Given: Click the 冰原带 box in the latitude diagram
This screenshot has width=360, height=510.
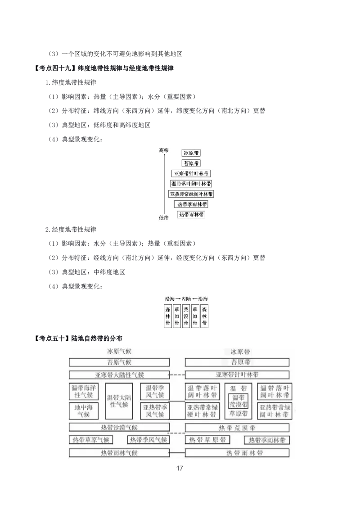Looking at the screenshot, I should pos(191,153).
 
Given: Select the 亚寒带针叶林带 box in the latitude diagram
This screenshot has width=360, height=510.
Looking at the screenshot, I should pos(191,173).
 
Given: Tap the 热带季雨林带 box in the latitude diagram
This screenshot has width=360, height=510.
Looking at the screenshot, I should pos(191,204).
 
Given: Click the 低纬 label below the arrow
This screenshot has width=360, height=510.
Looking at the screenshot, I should pos(163,218).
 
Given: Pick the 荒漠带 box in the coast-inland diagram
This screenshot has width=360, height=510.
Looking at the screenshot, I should pos(186,316).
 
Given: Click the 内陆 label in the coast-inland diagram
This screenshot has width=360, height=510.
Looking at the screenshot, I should pos(186,299).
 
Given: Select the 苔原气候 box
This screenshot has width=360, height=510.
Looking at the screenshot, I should pos(119,362).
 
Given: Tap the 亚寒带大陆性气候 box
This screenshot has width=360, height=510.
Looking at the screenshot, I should pos(119,375).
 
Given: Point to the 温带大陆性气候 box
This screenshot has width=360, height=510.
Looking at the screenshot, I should pos(119,401).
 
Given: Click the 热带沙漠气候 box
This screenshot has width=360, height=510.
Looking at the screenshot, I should pos(119,427).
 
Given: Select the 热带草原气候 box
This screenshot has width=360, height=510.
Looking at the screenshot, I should pos(91,440).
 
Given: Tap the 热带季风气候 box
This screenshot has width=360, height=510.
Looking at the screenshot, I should pos(148,440).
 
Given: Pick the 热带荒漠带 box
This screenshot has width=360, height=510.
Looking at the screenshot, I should pos(237,427).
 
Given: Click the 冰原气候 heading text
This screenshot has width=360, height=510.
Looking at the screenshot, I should pos(119,351).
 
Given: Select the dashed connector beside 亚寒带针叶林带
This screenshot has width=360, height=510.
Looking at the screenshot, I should pos(177,375).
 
